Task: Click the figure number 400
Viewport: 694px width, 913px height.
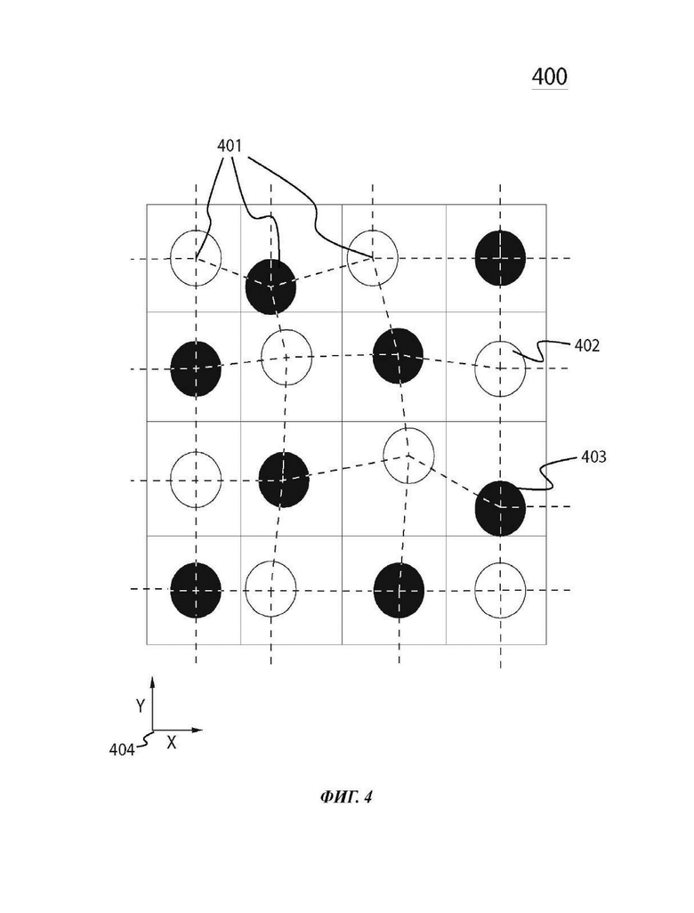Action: coord(550,77)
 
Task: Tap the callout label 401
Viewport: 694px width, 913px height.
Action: coord(230,146)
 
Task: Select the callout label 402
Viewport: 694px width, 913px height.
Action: coord(587,345)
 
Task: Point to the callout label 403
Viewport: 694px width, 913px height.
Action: coord(593,457)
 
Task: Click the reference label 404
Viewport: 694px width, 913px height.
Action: coord(122,750)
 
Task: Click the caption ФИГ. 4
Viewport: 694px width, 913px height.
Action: coord(346,796)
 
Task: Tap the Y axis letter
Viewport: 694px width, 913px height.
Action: coord(141,706)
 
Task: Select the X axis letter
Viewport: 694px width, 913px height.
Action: coord(171,742)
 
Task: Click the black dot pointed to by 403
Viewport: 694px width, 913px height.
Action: coord(501,508)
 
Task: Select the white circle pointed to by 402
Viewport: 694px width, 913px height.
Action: coord(501,368)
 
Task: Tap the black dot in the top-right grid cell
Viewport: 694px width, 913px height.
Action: coord(501,258)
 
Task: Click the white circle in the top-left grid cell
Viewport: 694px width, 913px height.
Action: coord(196,258)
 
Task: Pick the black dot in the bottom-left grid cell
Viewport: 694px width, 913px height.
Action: coord(196,590)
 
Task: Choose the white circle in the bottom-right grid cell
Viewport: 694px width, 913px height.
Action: coord(501,590)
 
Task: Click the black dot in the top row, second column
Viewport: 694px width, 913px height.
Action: coord(270,287)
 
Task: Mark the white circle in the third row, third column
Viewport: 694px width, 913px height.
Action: coord(408,456)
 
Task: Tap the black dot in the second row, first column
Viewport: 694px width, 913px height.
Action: coord(196,368)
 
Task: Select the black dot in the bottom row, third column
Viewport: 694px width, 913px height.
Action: coord(399,590)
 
